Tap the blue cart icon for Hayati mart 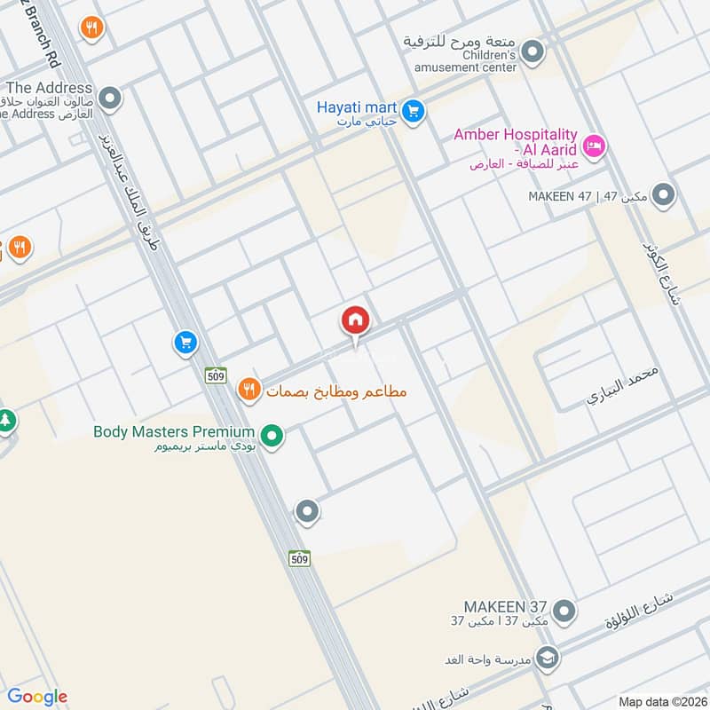click(411, 111)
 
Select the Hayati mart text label click(356, 107)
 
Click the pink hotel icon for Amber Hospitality click(595, 145)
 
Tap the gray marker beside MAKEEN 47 click(662, 193)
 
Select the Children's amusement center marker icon click(532, 52)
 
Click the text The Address click(49, 88)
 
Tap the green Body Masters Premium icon click(273, 436)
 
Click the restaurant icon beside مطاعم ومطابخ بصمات click(248, 389)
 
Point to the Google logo click(37, 697)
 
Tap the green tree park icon click(5, 420)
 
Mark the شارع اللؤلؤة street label click(640, 613)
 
